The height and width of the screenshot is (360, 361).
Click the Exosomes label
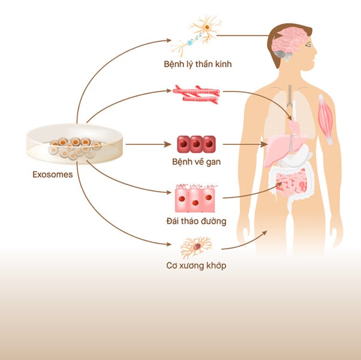tap(53, 174)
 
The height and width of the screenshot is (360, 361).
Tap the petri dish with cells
tap(74, 144)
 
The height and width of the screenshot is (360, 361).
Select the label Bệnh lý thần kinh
tap(197, 64)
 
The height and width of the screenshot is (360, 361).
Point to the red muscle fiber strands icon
tap(196, 94)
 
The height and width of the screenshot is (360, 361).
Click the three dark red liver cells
tap(196, 144)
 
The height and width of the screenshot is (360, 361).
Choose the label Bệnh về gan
tap(196, 162)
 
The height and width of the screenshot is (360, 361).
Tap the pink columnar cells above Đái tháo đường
tap(195, 198)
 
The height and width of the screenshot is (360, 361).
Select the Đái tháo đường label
tap(196, 221)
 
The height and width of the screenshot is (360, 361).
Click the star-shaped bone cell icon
tap(196, 247)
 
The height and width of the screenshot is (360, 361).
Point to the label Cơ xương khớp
tap(196, 266)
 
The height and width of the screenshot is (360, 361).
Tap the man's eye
tap(308, 46)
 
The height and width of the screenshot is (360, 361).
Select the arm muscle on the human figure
tap(325, 119)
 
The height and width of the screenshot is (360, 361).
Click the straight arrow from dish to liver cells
tap(148, 144)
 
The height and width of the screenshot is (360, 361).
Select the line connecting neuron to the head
tap(243, 35)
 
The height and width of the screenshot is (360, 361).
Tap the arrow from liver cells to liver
tap(245, 144)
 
